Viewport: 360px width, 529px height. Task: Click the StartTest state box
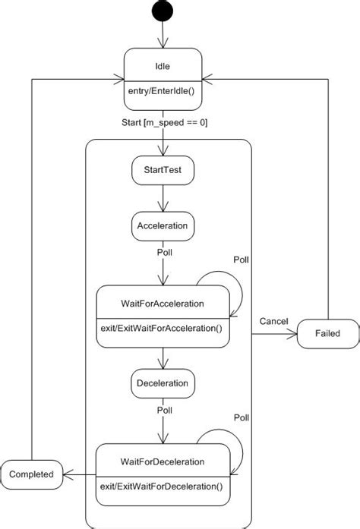(163, 171)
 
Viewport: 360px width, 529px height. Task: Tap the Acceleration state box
(163, 225)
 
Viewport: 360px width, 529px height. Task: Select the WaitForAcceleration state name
(163, 303)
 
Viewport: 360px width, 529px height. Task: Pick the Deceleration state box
(163, 383)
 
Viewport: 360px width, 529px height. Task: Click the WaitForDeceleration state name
(163, 461)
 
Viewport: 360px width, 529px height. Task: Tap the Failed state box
(327, 333)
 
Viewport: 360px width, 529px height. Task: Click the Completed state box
(31, 474)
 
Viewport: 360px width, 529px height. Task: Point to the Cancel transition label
(273, 321)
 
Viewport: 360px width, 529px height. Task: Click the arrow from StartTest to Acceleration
(163, 198)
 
